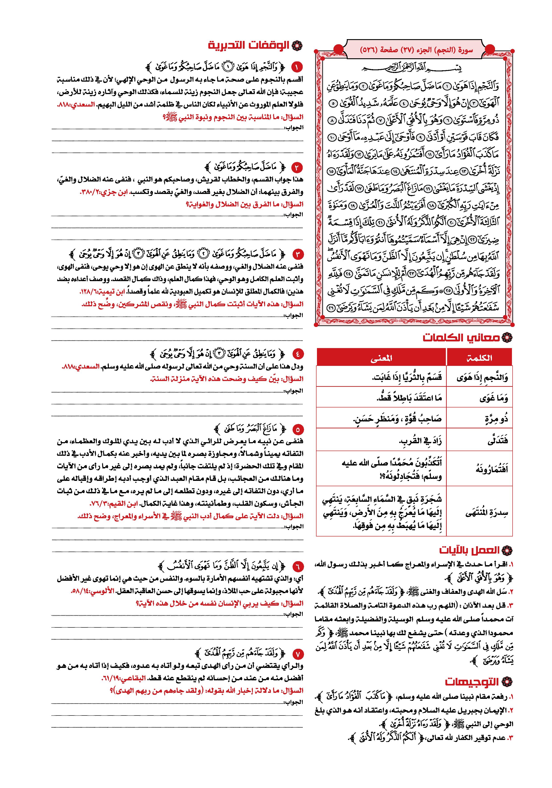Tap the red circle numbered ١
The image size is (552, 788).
click(x=297, y=67)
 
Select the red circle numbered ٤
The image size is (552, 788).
click(x=297, y=353)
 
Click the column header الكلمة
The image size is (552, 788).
click(x=479, y=358)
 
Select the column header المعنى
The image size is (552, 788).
click(x=381, y=358)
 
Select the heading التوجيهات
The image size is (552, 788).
click(x=472, y=682)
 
